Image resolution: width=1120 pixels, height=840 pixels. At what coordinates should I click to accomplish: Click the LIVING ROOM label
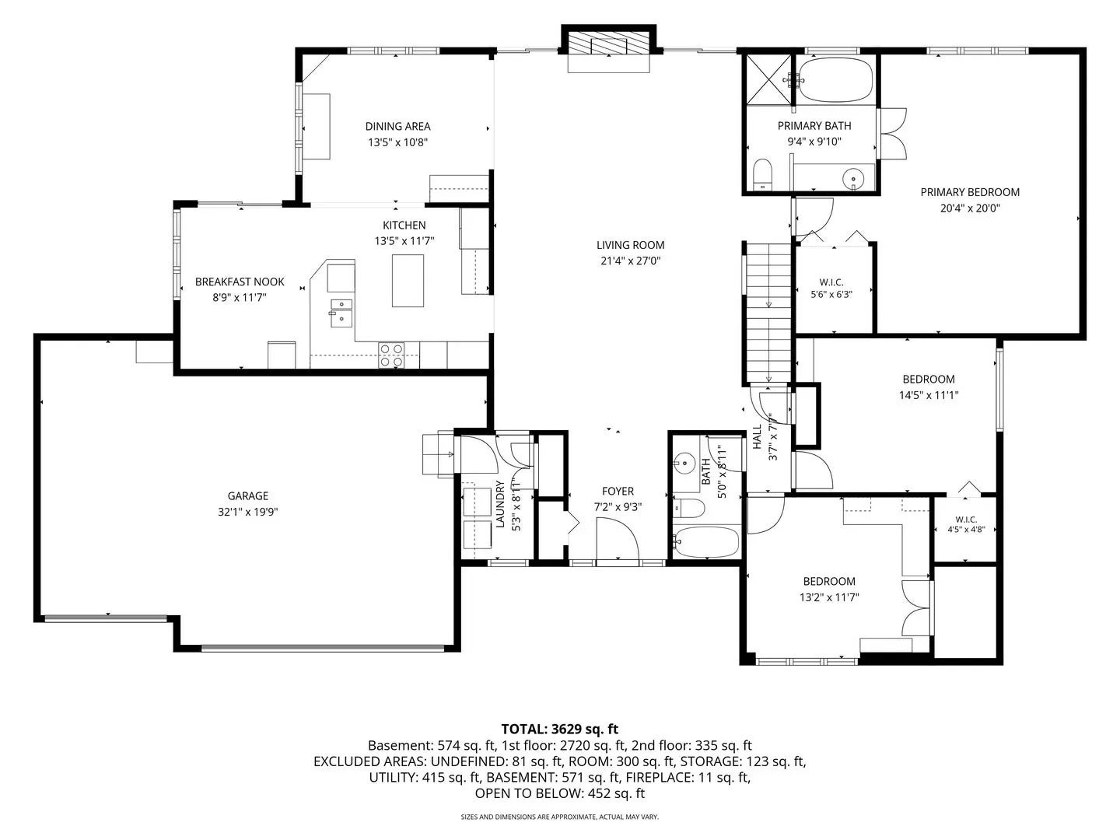coord(630,245)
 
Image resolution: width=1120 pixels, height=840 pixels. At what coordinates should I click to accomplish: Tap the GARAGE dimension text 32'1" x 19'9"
coord(247,512)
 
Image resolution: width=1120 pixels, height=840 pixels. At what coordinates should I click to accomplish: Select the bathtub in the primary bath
coord(835,79)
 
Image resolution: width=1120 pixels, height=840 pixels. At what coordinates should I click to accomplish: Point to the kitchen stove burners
coord(391,355)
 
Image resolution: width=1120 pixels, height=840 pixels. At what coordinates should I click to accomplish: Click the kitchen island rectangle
coord(408,281)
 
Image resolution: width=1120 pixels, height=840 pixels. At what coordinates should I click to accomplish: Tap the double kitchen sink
coord(341,313)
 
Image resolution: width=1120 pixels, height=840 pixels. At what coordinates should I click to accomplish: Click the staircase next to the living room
coord(768,312)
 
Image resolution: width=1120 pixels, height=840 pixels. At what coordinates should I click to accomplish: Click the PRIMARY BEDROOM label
coord(970,192)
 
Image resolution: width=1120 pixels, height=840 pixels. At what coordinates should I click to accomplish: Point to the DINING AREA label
coord(397,126)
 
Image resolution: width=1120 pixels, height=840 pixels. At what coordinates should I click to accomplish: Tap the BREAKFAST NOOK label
coord(240,282)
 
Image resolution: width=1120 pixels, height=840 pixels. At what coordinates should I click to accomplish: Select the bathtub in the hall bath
coord(706,542)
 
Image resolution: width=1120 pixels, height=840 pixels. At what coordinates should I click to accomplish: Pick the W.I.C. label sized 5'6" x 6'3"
coord(831,282)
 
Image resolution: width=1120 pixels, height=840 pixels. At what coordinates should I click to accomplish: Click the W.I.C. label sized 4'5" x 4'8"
coord(966,520)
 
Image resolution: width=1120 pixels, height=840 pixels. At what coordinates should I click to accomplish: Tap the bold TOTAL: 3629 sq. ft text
coord(560,729)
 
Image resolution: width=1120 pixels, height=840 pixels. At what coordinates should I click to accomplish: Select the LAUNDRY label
coord(499,503)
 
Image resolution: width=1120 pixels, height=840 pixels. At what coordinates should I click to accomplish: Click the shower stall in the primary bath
coord(769,79)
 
